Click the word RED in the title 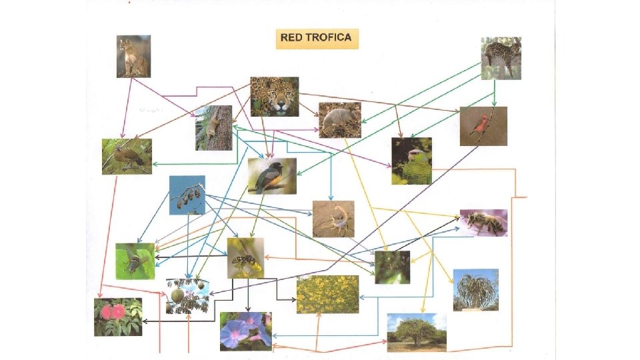coord(291,37)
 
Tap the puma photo coord(133,57)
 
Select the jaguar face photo coord(275,97)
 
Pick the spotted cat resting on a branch coord(501,59)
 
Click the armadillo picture coord(340,120)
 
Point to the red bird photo coord(483,125)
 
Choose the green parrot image coord(411,161)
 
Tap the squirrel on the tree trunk coord(213,127)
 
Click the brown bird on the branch coord(127,157)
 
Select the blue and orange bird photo coord(272,176)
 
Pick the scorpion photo coord(333,219)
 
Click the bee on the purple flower coord(483,223)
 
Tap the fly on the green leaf coord(135,261)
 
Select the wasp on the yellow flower coord(245,257)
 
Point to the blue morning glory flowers coord(245,331)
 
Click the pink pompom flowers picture coord(118,317)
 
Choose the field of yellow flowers coord(327,294)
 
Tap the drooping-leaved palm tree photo coord(476,290)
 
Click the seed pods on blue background coord(187,195)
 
